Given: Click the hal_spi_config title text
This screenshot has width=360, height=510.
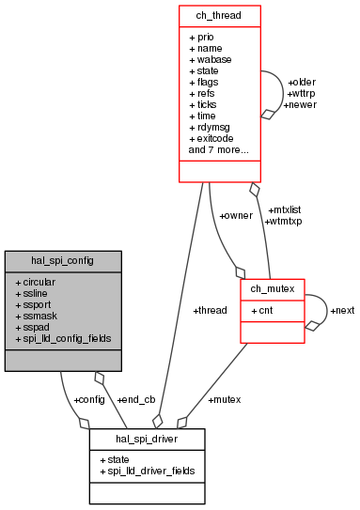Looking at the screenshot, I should pyautogui.click(x=62, y=260).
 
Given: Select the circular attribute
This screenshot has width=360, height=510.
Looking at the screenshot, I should pyautogui.click(x=39, y=282).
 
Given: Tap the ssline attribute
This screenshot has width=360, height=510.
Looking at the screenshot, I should pyautogui.click(x=36, y=293).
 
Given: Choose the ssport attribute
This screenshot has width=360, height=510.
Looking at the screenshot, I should pyautogui.click(x=38, y=304).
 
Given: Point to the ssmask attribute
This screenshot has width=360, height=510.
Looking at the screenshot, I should pyautogui.click(x=39, y=316).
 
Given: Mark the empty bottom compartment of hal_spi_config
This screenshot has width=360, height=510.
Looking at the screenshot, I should pyautogui.click(x=62, y=360).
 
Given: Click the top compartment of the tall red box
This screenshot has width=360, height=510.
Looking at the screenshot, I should pyautogui.click(x=219, y=16).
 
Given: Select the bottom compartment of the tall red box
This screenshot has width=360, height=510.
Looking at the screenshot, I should pyautogui.click(x=219, y=171).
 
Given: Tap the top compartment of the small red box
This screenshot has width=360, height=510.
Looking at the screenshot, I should pyautogui.click(x=273, y=289).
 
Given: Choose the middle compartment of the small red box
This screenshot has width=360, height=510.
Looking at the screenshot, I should pyautogui.click(x=273, y=311).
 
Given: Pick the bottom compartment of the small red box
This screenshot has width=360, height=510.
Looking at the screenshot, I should pyautogui.click(x=273, y=332).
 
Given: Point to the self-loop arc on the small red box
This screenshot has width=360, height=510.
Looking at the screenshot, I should pyautogui.click(x=326, y=308).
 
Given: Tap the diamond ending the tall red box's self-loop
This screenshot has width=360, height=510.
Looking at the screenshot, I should pyautogui.click(x=267, y=114).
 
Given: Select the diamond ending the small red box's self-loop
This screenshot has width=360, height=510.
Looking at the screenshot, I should pyautogui.click(x=312, y=325).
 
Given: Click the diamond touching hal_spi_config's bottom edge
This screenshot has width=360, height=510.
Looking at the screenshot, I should pyautogui.click(x=99, y=378).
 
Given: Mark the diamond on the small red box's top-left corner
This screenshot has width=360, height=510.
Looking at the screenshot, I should pyautogui.click(x=241, y=273).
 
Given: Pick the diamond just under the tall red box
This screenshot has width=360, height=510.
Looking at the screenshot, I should pyautogui.click(x=254, y=190).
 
